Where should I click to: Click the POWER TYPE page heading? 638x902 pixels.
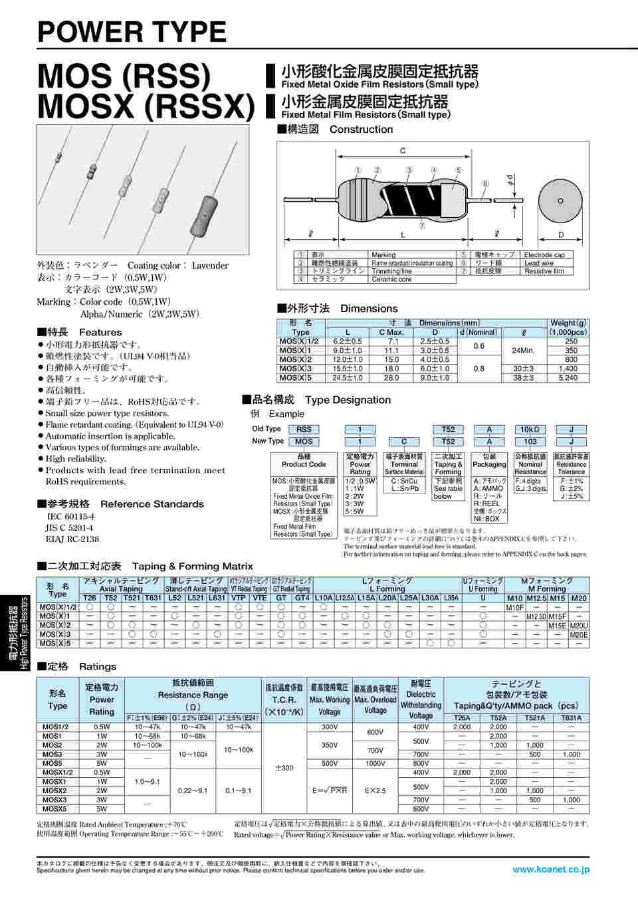(132, 32)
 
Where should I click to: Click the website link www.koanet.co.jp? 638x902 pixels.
(550, 869)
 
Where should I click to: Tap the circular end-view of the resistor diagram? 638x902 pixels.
(560, 201)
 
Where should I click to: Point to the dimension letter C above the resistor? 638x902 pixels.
(402, 151)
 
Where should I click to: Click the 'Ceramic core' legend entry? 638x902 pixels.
(391, 280)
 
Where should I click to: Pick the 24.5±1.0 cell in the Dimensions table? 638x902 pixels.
(348, 378)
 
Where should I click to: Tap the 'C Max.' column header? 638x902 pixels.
(391, 332)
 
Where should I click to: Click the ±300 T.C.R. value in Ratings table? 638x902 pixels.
(284, 768)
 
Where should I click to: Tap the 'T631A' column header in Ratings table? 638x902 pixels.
(571, 717)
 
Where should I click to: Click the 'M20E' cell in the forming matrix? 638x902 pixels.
(579, 634)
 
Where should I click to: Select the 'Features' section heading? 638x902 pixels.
(100, 332)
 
